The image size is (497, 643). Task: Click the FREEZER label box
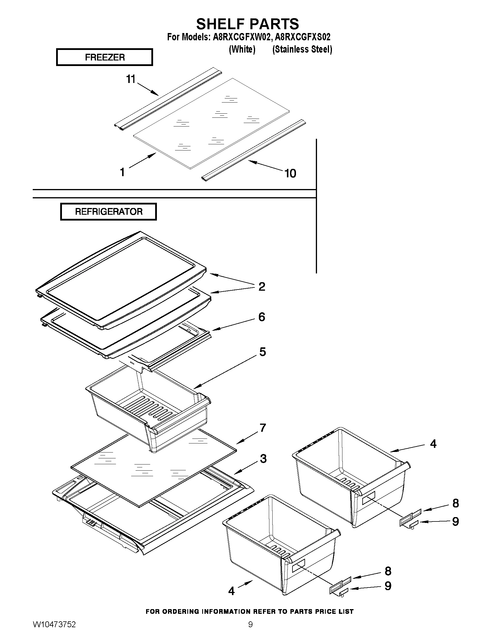click(105, 57)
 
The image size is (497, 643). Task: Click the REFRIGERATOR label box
click(108, 212)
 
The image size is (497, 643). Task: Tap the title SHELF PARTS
click(247, 24)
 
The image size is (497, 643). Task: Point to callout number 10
click(290, 174)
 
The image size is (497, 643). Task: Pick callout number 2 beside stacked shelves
click(262, 286)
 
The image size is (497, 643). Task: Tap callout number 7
click(262, 427)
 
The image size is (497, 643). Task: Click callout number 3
click(263, 458)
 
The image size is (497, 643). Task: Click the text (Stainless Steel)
click(302, 49)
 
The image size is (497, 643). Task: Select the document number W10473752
click(54, 625)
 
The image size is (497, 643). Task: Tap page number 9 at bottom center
click(250, 625)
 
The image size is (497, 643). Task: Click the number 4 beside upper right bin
click(433, 444)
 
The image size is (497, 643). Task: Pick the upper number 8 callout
click(456, 503)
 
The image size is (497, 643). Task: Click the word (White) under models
click(242, 49)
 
